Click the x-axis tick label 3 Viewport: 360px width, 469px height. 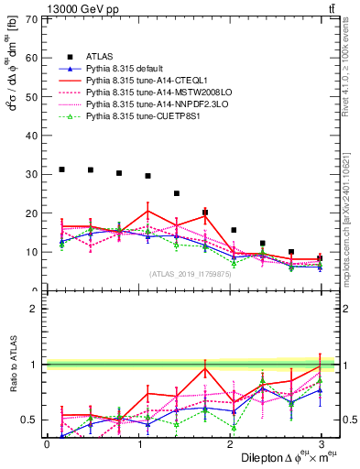pyautogui.click(x=321, y=444)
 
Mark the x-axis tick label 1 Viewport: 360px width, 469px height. pyautogui.click(x=138, y=444)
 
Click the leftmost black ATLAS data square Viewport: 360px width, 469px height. pyautogui.click(x=61, y=169)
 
